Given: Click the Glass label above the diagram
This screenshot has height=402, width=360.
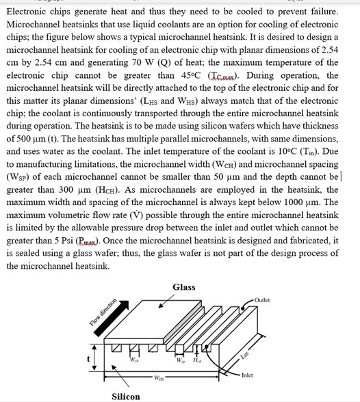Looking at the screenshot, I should [x=184, y=287].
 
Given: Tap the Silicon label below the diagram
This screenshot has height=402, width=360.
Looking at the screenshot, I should [x=126, y=396].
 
